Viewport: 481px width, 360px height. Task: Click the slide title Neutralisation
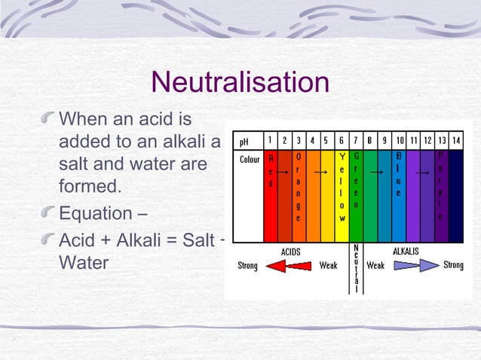240,83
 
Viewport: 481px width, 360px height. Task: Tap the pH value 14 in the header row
455,141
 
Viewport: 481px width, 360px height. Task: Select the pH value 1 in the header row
271,141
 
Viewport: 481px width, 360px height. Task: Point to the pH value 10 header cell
400,141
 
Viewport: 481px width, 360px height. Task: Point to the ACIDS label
292,251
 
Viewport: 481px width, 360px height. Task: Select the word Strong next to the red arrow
247,266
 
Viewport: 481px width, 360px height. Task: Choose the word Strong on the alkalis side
453,265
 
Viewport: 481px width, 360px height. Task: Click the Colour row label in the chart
250,160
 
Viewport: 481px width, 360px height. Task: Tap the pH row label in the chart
244,141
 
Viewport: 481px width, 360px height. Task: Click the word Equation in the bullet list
97,212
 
